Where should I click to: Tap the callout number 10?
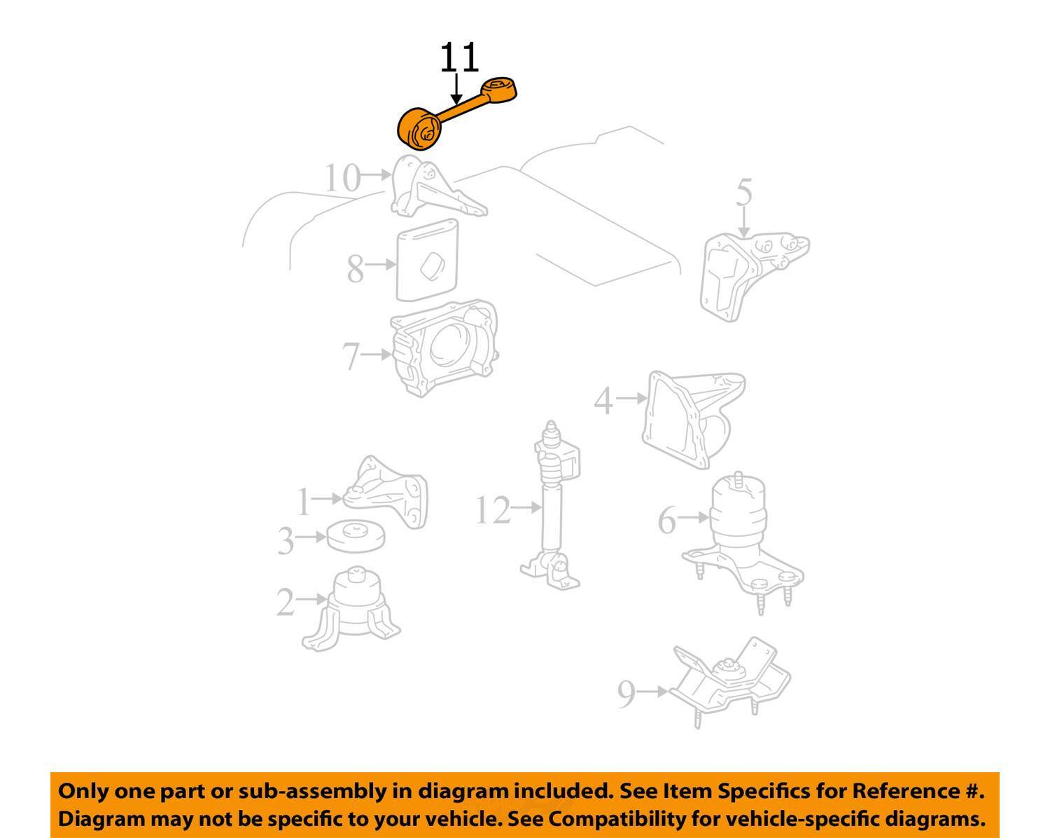pos(342,179)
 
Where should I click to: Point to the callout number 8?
pos(356,268)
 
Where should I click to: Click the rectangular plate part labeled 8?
pos(428,259)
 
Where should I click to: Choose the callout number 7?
pos(351,356)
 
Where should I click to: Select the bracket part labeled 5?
pos(749,273)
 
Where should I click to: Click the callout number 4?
pos(603,401)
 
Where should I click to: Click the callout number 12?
pos(493,510)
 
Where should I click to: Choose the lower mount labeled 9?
pos(728,680)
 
